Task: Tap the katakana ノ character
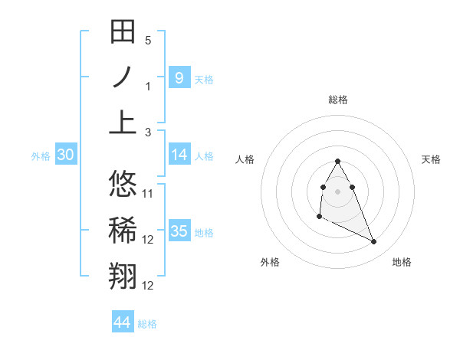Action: [123, 77]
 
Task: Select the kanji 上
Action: [123, 121]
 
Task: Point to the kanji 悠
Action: [123, 184]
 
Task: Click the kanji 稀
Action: [123, 229]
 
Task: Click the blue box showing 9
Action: [179, 77]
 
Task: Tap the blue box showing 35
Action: [179, 231]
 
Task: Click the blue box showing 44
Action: [122, 322]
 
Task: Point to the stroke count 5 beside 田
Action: [148, 41]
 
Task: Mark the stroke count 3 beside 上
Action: [148, 132]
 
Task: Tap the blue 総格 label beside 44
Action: [147, 324]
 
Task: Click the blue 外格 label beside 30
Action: [41, 156]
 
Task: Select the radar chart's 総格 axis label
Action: [338, 100]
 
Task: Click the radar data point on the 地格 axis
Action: [374, 242]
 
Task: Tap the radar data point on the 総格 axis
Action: [338, 161]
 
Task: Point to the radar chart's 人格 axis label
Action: [245, 159]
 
